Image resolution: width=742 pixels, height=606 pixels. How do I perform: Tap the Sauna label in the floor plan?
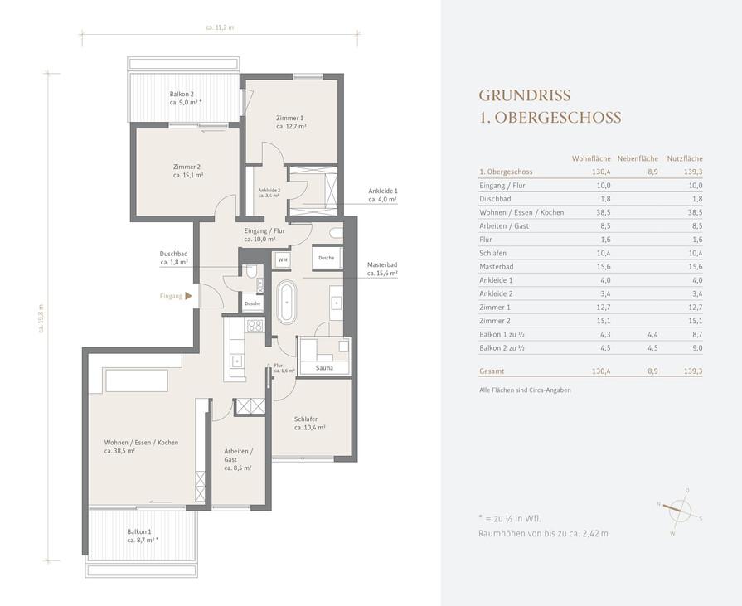click(x=324, y=367)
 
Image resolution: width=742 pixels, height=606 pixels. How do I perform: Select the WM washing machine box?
click(x=283, y=259)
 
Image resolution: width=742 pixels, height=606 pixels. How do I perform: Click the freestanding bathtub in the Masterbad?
click(x=287, y=303)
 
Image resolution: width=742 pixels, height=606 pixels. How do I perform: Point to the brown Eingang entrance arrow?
click(x=188, y=296)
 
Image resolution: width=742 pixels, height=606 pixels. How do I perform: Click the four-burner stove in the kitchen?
click(x=255, y=326)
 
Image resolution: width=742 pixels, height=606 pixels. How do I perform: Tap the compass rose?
click(x=679, y=511)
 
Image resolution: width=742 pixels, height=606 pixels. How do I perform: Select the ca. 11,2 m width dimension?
click(x=220, y=27)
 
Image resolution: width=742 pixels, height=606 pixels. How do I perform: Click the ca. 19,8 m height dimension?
click(x=41, y=318)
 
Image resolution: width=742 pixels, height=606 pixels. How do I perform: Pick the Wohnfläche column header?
click(x=591, y=158)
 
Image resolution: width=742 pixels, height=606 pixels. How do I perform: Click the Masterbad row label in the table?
click(x=496, y=267)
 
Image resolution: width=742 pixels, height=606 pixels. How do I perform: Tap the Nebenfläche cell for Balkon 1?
click(x=652, y=334)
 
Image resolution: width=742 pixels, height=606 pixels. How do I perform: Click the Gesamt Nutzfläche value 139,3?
click(x=693, y=371)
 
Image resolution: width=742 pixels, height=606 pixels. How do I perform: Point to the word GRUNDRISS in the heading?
click(x=525, y=95)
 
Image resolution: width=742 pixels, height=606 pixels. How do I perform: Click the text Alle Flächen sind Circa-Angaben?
click(x=525, y=390)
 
